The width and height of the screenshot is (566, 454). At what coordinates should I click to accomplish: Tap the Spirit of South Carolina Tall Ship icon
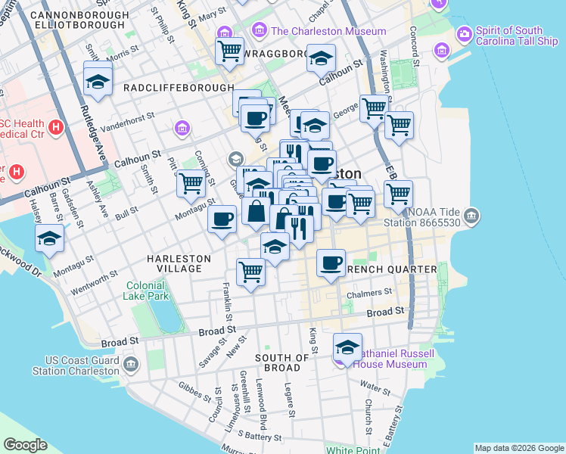tap(464, 34)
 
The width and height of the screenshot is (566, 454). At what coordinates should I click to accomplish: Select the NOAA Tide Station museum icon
tap(472, 218)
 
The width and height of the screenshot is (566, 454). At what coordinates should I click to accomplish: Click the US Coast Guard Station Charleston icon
tap(132, 365)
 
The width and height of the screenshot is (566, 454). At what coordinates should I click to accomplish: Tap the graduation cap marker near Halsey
tap(50, 238)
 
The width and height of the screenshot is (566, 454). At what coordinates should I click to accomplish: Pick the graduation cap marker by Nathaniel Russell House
tap(347, 347)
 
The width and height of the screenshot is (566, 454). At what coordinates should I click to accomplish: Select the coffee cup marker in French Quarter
tap(331, 263)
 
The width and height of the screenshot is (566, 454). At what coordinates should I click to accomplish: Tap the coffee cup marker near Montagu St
tap(222, 219)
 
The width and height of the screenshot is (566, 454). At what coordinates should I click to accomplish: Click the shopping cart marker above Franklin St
tap(250, 271)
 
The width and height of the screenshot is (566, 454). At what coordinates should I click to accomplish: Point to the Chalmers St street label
tap(369, 292)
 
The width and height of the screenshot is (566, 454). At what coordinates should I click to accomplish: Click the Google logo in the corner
tap(26, 445)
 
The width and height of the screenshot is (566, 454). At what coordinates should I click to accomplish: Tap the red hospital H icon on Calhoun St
tap(54, 129)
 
